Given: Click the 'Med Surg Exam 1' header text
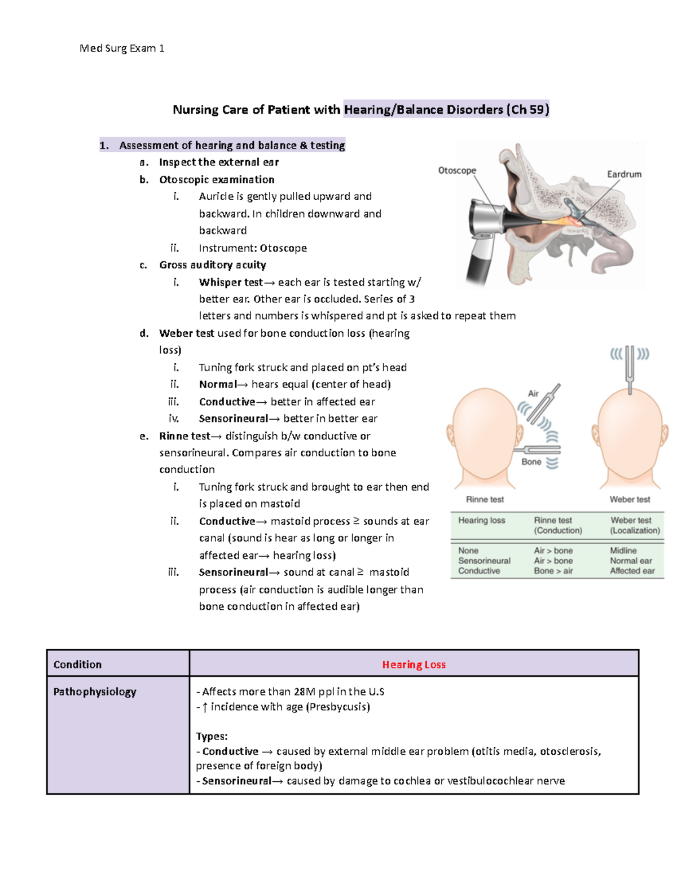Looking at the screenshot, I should point(122,49).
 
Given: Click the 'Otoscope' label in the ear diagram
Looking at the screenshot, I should point(457,170).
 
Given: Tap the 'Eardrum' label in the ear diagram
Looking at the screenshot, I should point(624,174).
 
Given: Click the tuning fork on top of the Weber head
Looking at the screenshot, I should point(630,367).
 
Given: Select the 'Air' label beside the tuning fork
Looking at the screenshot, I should point(533,394).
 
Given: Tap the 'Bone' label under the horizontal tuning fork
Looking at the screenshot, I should point(531,462).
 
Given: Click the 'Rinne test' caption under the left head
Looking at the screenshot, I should point(485,499).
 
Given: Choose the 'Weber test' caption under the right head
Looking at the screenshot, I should point(630,499).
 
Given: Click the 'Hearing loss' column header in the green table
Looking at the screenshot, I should point(481,521).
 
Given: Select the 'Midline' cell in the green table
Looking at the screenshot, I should point(623,551).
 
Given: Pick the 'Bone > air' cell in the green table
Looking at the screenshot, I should point(553,571).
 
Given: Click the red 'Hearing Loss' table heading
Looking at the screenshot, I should point(414,664).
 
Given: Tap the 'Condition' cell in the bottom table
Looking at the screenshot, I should point(77,664).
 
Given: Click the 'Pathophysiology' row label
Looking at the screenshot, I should point(94,692).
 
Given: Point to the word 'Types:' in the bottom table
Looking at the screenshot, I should point(212,736).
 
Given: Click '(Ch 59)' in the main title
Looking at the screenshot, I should point(527,109).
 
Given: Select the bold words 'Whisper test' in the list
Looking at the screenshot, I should point(231,282).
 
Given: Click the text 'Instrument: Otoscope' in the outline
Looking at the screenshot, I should point(253,248).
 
